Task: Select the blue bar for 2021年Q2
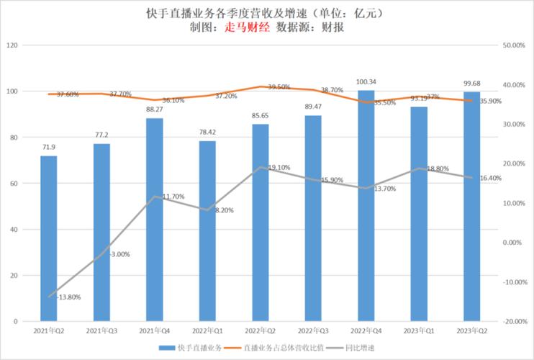(48, 238)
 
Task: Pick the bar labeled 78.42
(207, 230)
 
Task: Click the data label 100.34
(366, 82)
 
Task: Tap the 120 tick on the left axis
(12, 45)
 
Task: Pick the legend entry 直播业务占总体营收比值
(281, 348)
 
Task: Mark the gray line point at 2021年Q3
(101, 251)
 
